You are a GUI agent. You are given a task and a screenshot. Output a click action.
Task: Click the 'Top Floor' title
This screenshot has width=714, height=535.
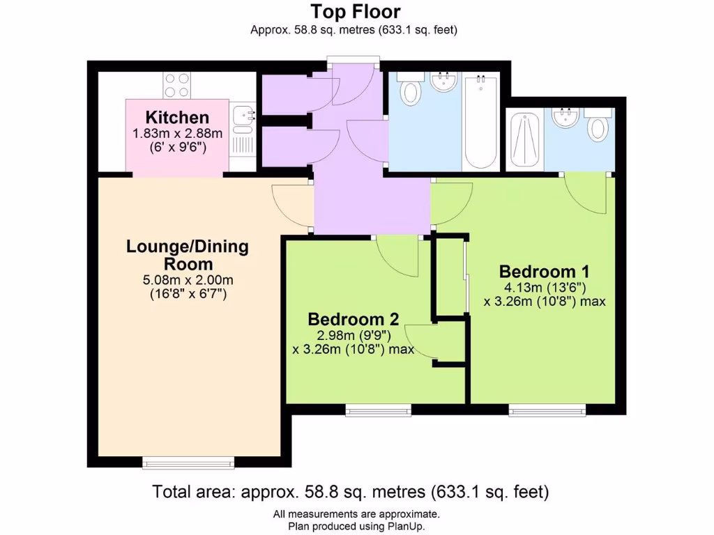pyautogui.click(x=356, y=12)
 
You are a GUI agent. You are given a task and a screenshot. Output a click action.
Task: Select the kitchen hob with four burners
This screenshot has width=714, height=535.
pyautogui.click(x=177, y=85)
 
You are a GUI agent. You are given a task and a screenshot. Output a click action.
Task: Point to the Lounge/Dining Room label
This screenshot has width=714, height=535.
pyautogui.click(x=188, y=255)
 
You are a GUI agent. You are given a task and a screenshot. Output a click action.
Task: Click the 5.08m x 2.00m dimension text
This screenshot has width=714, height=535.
pyautogui.click(x=188, y=280)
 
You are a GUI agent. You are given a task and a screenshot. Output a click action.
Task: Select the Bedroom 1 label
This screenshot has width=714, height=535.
pyautogui.click(x=545, y=271)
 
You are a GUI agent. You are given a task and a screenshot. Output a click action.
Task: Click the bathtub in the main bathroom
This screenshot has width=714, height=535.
pyautogui.click(x=480, y=122)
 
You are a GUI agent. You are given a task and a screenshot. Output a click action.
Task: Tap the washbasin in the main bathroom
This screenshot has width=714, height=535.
pyautogui.click(x=443, y=82)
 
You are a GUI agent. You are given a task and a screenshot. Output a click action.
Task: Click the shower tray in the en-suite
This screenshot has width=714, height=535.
pyautogui.click(x=524, y=139)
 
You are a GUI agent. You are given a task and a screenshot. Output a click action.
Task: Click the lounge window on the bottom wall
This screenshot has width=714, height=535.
pyautogui.click(x=188, y=462)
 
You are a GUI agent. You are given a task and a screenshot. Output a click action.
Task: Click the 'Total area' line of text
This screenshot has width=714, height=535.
pyautogui.click(x=351, y=492)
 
